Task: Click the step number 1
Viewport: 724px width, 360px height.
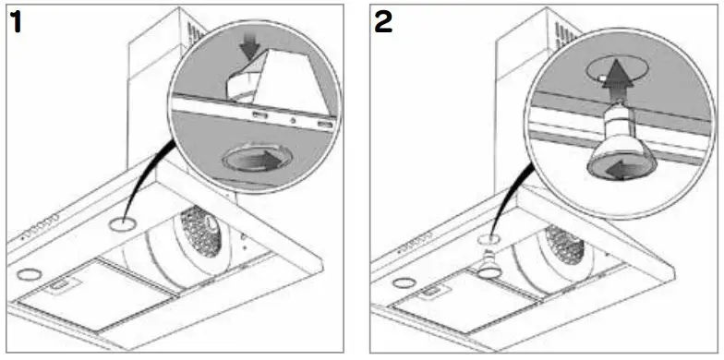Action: coord(18,22)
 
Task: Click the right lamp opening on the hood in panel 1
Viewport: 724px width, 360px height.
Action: coord(121,224)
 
